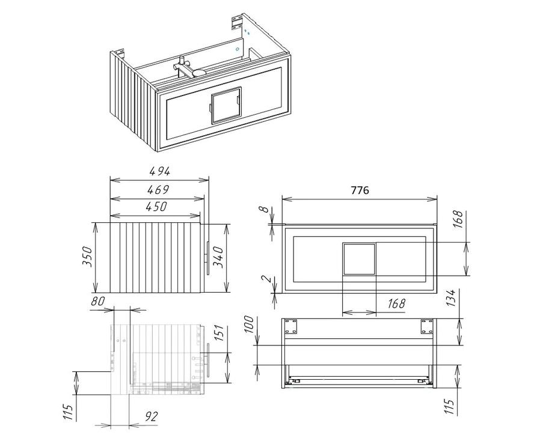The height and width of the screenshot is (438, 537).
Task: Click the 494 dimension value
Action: [x=159, y=171]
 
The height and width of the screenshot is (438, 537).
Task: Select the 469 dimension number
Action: [x=158, y=189]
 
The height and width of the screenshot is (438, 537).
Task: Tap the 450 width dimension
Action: [x=156, y=206]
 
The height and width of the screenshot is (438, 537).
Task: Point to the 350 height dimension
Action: [x=87, y=257]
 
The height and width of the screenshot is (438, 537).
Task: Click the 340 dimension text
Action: [x=218, y=257]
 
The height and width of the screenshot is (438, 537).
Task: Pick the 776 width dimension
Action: [x=360, y=190]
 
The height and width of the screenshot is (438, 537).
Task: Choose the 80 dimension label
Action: [x=97, y=302]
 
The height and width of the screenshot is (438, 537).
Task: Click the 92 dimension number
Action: [x=151, y=416]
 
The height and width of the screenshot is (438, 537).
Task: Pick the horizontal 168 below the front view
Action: [x=396, y=303]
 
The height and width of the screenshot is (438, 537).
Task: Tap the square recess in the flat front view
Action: [x=359, y=259]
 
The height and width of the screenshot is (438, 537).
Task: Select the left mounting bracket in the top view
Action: [x=292, y=327]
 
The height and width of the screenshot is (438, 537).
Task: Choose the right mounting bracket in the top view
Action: [x=427, y=327]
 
